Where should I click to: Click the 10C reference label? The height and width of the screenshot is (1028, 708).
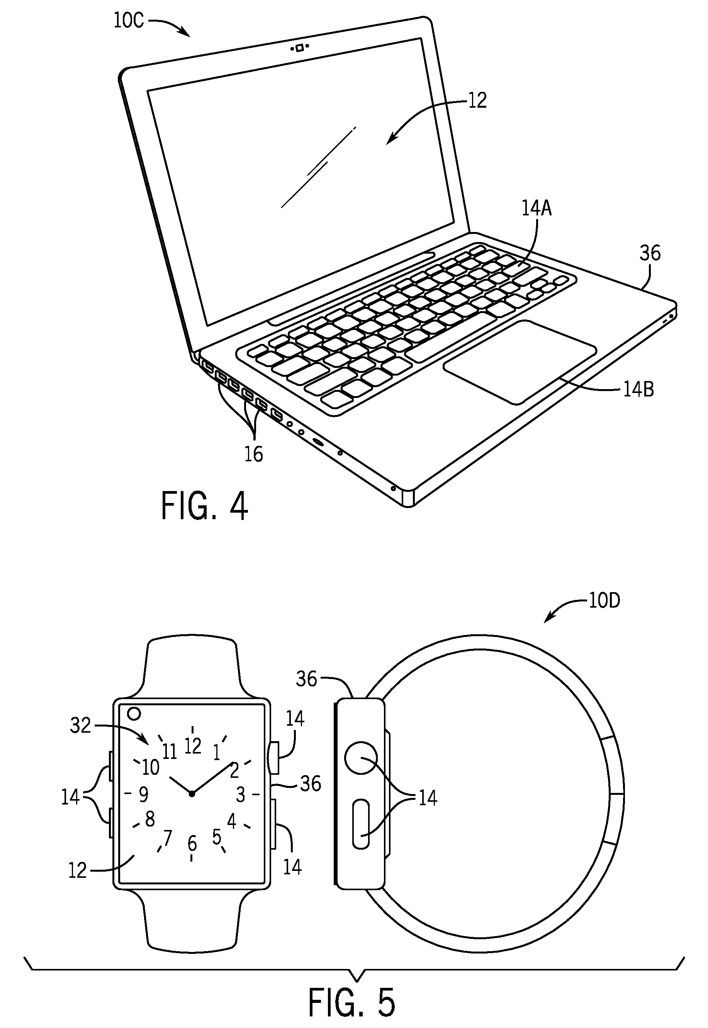(x=129, y=21)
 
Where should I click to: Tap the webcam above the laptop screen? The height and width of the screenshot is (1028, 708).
(x=299, y=48)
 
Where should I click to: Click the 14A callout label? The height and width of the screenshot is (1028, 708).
(x=537, y=209)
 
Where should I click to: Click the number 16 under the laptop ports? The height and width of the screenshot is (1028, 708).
(x=254, y=454)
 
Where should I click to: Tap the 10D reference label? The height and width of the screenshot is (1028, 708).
(x=604, y=601)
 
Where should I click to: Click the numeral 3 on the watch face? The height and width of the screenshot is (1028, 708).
(x=240, y=794)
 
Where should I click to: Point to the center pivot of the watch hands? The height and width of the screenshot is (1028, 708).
(x=192, y=794)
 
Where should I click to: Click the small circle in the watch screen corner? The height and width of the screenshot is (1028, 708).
(x=134, y=713)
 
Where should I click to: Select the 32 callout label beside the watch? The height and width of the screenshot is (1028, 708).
(x=80, y=726)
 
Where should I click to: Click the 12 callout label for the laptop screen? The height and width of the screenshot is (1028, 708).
(x=477, y=101)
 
